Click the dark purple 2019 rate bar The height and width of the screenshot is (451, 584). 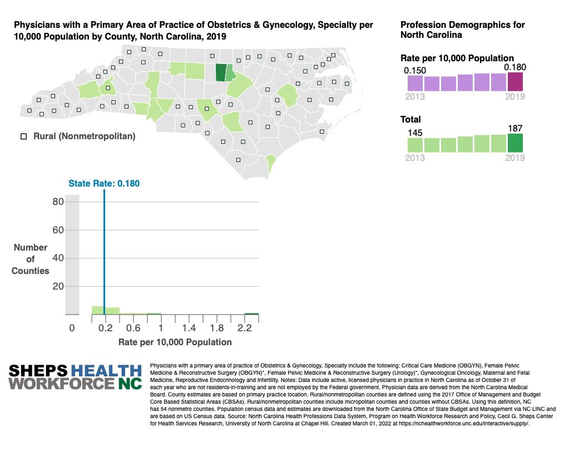515,82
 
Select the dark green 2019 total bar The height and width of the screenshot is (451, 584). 515,143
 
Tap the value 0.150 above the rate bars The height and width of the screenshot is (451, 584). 414,70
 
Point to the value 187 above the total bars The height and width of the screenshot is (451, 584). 516,129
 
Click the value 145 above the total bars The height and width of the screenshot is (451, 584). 414,133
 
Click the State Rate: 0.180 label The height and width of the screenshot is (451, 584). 100,183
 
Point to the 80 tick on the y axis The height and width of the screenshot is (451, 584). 58,202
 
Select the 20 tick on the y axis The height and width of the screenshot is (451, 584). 58,286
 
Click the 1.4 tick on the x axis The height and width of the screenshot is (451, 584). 189,329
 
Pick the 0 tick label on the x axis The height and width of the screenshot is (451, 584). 72,329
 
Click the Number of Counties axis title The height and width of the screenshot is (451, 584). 31,259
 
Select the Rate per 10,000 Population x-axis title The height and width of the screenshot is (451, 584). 175,342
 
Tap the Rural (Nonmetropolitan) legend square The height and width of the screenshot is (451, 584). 24,136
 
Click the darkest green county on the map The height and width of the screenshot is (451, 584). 220,73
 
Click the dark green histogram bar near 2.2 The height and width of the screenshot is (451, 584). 251,314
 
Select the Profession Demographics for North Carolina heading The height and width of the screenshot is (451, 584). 462,30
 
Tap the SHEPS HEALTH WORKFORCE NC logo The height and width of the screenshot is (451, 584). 75,377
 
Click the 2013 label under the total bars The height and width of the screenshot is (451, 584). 415,158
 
